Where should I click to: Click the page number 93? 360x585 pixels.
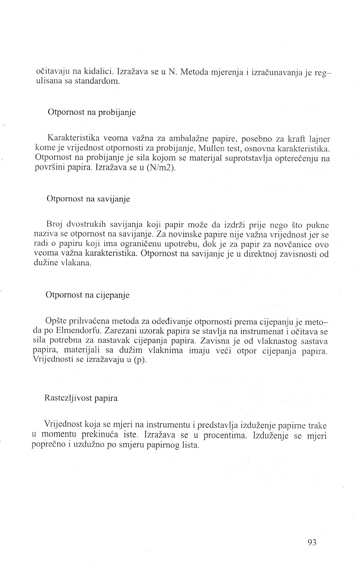point(311,542)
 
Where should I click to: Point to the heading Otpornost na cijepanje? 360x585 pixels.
point(87,295)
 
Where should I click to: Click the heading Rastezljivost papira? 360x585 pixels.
point(81,398)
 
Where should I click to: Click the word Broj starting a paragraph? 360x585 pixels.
point(54,224)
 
